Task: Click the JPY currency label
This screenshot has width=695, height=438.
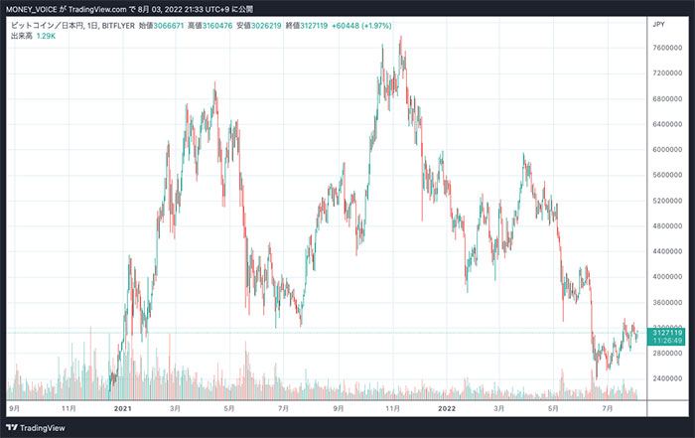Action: click(x=658, y=22)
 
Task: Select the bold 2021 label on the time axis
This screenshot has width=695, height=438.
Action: click(x=123, y=407)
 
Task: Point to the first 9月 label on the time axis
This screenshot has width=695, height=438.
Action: click(x=15, y=407)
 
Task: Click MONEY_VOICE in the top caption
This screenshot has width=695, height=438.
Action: click(x=33, y=6)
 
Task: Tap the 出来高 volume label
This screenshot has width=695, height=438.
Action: click(x=19, y=35)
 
